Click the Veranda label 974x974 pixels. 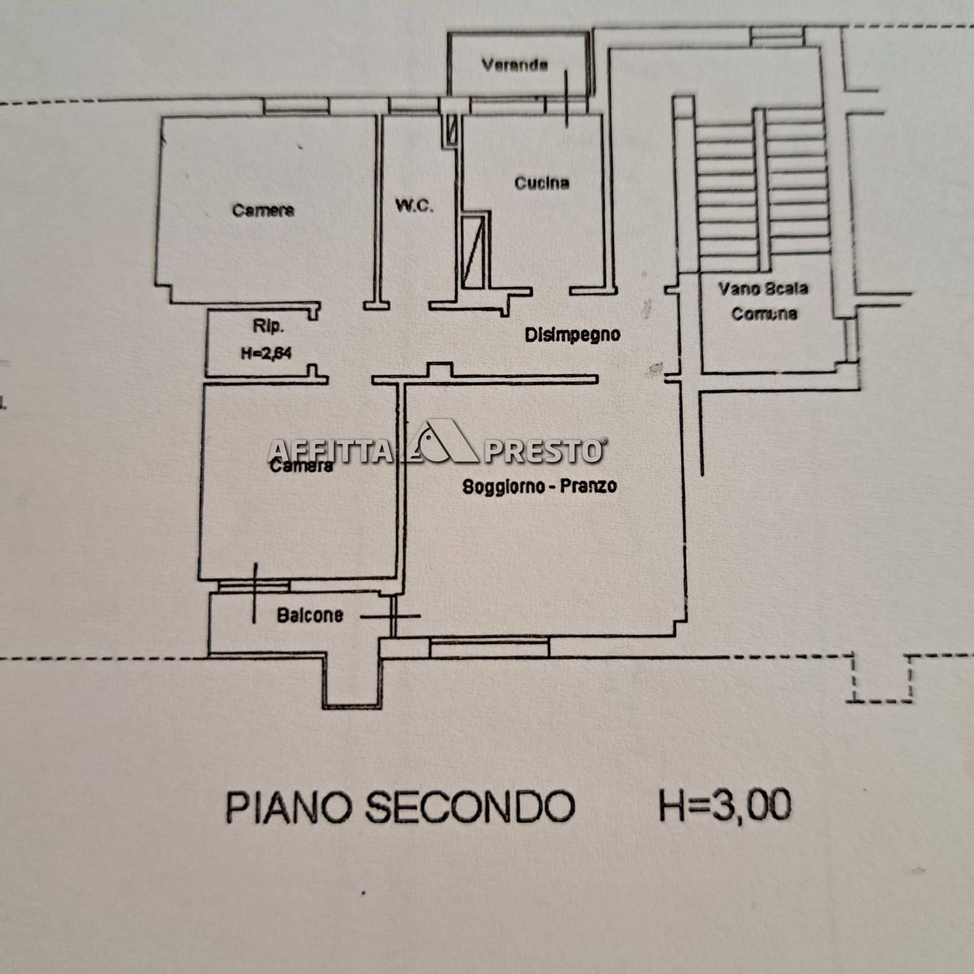coord(514,65)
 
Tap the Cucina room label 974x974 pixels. coord(542,183)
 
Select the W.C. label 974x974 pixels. coord(414,206)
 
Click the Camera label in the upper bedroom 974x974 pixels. coord(263,210)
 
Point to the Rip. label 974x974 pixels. coord(268,326)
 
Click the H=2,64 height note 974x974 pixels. coord(266,353)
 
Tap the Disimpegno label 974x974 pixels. coord(572,334)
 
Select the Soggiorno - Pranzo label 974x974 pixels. coord(539,486)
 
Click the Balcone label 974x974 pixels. coord(310,614)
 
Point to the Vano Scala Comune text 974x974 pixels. coord(763,301)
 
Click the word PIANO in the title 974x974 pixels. coord(289,807)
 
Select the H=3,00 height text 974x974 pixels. coord(725,804)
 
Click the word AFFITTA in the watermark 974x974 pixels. coord(330,451)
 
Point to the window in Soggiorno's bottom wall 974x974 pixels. coord(489,647)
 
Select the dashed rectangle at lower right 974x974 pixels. coord(880,679)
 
